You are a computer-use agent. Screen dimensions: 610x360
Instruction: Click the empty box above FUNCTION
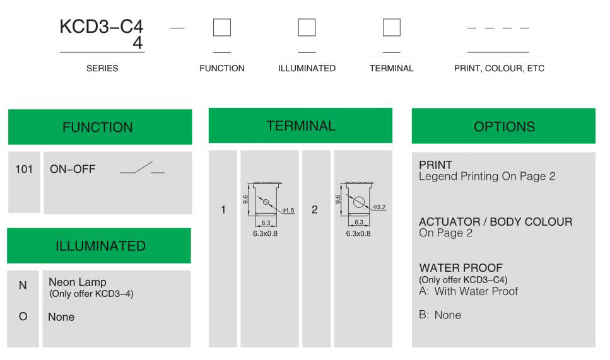pyautogui.click(x=222, y=28)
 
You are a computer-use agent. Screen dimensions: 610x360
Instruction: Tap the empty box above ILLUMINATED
pyautogui.click(x=307, y=28)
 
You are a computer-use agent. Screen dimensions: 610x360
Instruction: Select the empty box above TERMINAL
pyautogui.click(x=391, y=28)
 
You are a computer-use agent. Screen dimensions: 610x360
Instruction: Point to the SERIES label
pyautogui.click(x=102, y=69)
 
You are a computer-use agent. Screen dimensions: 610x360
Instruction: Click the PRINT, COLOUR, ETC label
pyautogui.click(x=499, y=69)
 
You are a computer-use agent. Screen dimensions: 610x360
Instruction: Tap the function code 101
pyautogui.click(x=24, y=169)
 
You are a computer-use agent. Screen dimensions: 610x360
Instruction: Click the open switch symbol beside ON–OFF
pyautogui.click(x=143, y=168)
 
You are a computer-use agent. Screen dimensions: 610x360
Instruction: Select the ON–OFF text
pyautogui.click(x=73, y=169)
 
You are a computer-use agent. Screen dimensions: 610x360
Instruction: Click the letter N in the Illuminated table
pyautogui.click(x=23, y=286)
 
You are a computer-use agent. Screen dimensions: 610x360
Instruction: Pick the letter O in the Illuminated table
pyautogui.click(x=23, y=316)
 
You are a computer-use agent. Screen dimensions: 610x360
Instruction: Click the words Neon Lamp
pyautogui.click(x=78, y=282)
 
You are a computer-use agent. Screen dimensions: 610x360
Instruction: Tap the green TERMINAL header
pyautogui.click(x=300, y=125)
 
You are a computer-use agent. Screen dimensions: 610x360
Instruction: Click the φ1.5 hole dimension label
pyautogui.click(x=288, y=211)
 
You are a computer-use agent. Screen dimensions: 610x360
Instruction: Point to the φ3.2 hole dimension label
pyautogui.click(x=379, y=207)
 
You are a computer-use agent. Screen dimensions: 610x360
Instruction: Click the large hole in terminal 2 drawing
pyautogui.click(x=359, y=202)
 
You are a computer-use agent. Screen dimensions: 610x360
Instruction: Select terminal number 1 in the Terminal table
pyautogui.click(x=223, y=209)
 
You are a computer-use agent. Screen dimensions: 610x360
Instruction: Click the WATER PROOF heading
pyautogui.click(x=461, y=268)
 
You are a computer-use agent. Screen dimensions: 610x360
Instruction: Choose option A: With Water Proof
pyautogui.click(x=469, y=291)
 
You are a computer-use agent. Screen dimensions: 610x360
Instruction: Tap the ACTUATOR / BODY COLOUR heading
pyautogui.click(x=496, y=221)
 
